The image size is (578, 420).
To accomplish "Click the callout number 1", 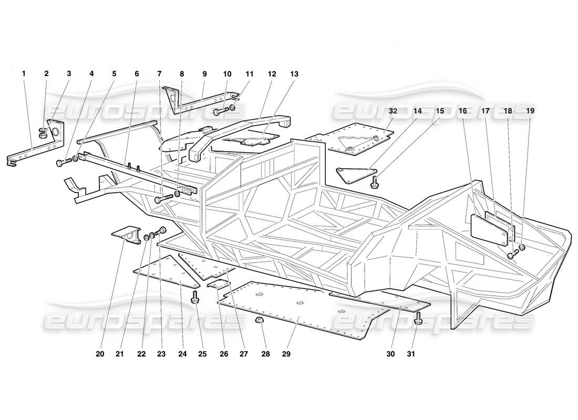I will click(24, 74).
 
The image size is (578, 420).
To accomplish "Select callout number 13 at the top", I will click(294, 74).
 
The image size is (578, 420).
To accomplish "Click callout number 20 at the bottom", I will click(100, 354).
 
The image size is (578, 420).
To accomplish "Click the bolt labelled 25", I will click(195, 297).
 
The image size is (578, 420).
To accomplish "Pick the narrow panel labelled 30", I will click(384, 302).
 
